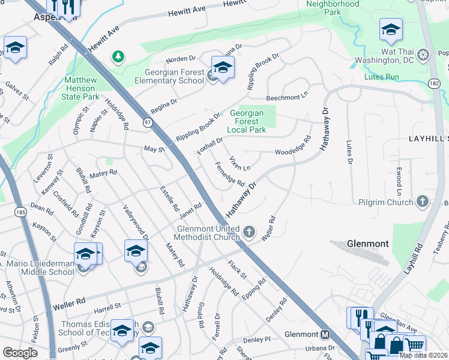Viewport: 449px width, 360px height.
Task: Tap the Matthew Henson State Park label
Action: point(82,88)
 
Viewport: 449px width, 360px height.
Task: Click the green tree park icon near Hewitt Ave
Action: point(119,56)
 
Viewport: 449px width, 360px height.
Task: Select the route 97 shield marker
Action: point(148,122)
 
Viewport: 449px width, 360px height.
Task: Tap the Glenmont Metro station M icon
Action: point(325,334)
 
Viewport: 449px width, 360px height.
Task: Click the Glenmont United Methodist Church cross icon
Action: point(250,231)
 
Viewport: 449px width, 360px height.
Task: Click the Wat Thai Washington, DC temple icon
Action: point(424,56)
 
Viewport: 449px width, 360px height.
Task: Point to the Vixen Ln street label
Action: point(240,163)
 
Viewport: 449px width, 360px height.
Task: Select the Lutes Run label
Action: point(381,77)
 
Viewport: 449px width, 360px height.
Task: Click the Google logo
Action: point(20,353)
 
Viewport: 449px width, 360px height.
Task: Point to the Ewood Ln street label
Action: point(399,182)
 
